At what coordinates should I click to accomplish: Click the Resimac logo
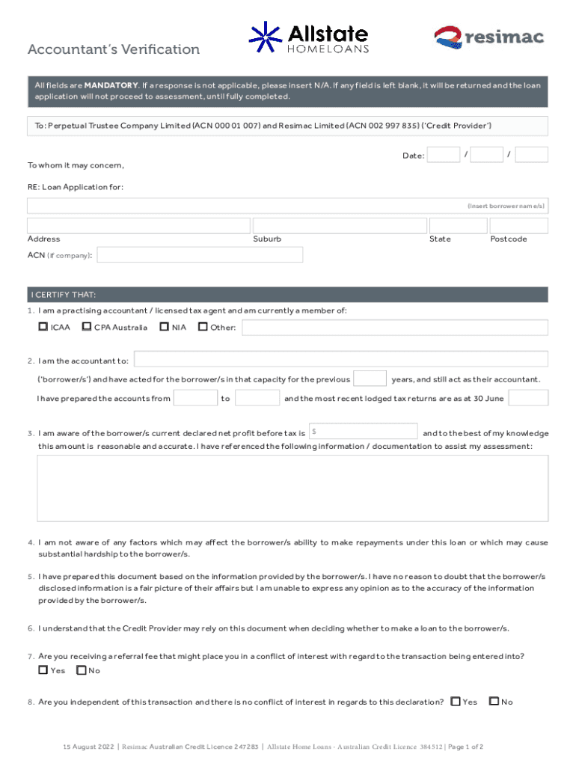(x=489, y=37)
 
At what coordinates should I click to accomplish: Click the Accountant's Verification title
(x=114, y=50)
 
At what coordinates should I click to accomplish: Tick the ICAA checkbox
(x=43, y=327)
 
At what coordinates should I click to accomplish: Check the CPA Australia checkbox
(x=87, y=327)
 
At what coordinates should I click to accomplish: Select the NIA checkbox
(x=164, y=327)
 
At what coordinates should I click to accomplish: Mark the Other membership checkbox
(x=203, y=327)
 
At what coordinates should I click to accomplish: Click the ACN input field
(x=200, y=255)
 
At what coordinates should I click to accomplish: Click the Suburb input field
(x=339, y=226)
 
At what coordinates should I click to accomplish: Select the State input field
(x=458, y=226)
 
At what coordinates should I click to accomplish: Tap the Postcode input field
(x=518, y=226)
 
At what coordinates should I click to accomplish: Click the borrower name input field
(x=287, y=206)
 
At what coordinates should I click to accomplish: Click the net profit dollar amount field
(x=364, y=432)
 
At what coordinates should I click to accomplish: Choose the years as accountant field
(x=370, y=379)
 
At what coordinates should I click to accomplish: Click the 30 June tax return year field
(x=528, y=398)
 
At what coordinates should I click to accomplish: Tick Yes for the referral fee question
(x=43, y=670)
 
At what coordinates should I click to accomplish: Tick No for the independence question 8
(x=493, y=702)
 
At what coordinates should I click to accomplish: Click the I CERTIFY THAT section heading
(x=64, y=295)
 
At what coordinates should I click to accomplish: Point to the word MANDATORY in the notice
(x=109, y=85)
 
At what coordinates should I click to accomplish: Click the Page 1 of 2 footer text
(x=465, y=747)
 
